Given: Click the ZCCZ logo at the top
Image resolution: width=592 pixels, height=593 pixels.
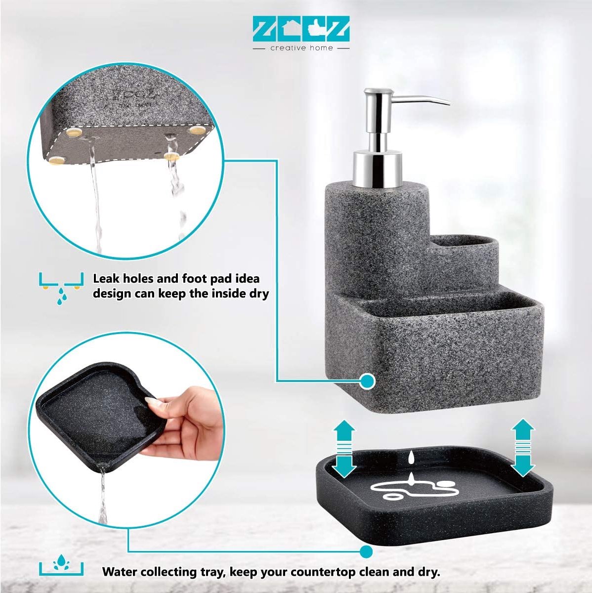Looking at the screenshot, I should pyautogui.click(x=301, y=29).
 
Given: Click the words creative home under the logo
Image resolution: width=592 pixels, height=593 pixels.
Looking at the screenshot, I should pyautogui.click(x=301, y=48).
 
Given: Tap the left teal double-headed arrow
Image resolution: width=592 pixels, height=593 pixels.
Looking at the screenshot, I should pyautogui.click(x=344, y=448).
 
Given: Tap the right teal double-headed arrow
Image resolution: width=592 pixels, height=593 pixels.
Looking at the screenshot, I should pyautogui.click(x=523, y=448).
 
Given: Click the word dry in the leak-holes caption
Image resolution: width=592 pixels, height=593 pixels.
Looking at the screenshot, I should pyautogui.click(x=259, y=294).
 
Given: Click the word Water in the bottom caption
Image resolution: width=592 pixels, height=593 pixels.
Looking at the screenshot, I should pyautogui.click(x=122, y=572).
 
